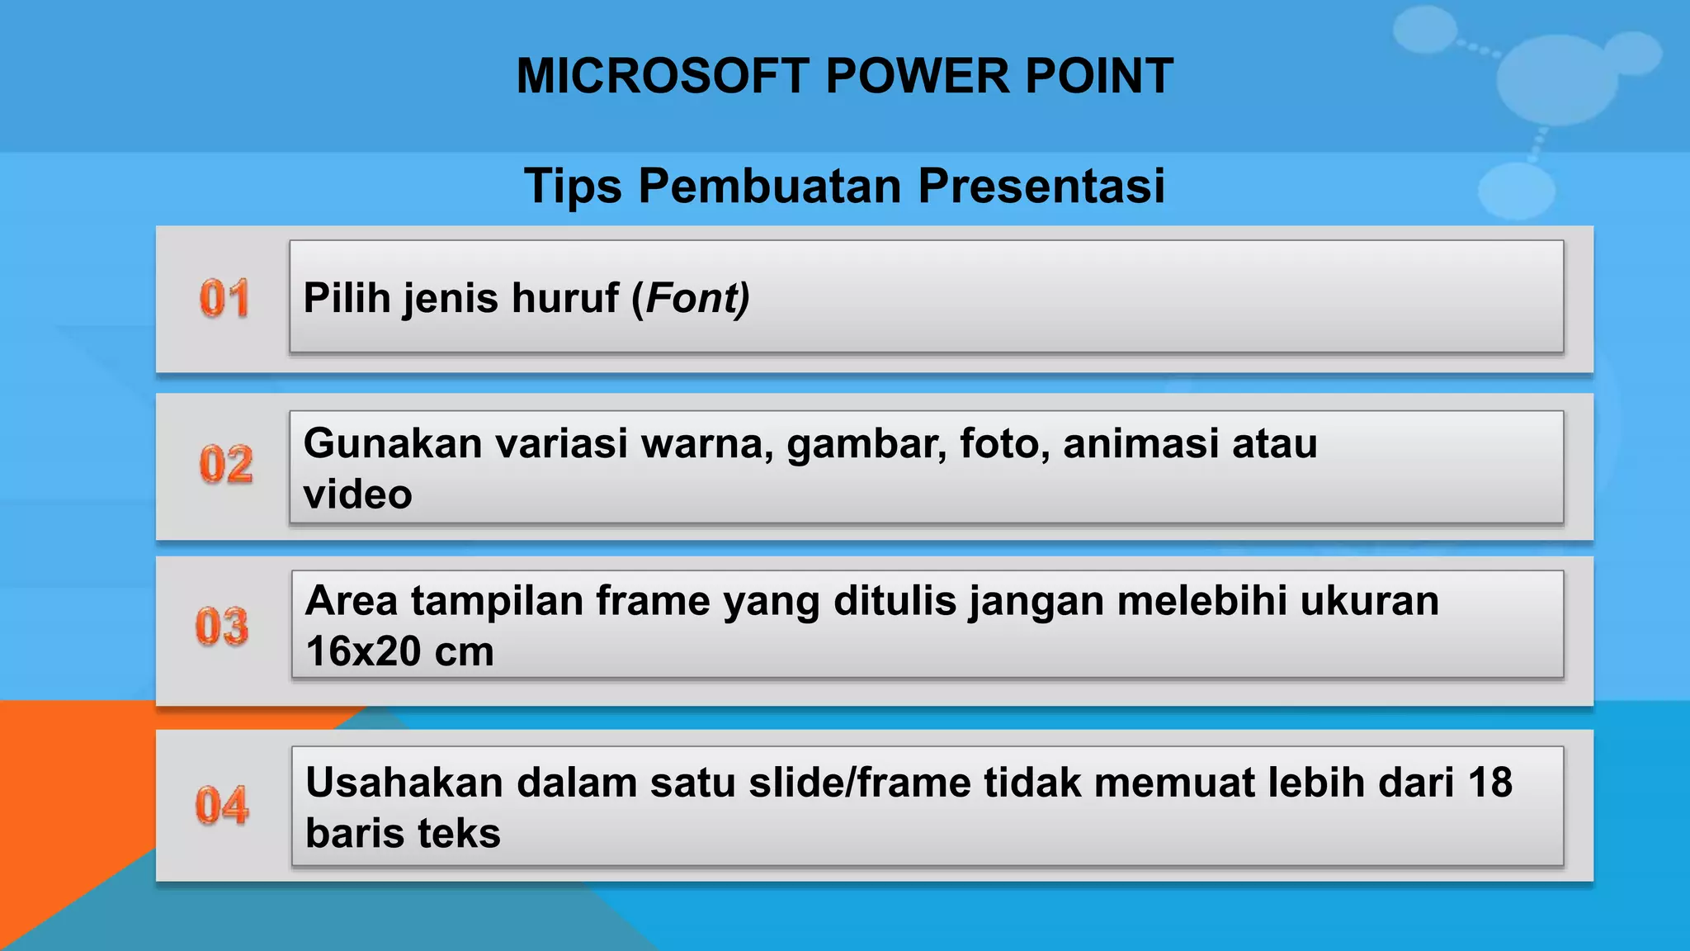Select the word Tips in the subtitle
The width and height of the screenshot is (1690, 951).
573,186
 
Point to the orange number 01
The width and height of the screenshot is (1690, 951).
224,298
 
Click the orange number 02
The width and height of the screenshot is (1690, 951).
225,464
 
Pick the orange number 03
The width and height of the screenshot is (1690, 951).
222,626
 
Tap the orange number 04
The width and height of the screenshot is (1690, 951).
222,805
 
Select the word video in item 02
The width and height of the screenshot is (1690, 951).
357,494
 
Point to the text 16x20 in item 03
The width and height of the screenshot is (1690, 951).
363,651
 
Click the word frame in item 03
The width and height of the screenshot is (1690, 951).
653,601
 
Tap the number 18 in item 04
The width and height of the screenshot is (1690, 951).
1489,783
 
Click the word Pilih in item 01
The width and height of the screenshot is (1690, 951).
347,298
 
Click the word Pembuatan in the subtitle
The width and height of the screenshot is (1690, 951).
769,186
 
